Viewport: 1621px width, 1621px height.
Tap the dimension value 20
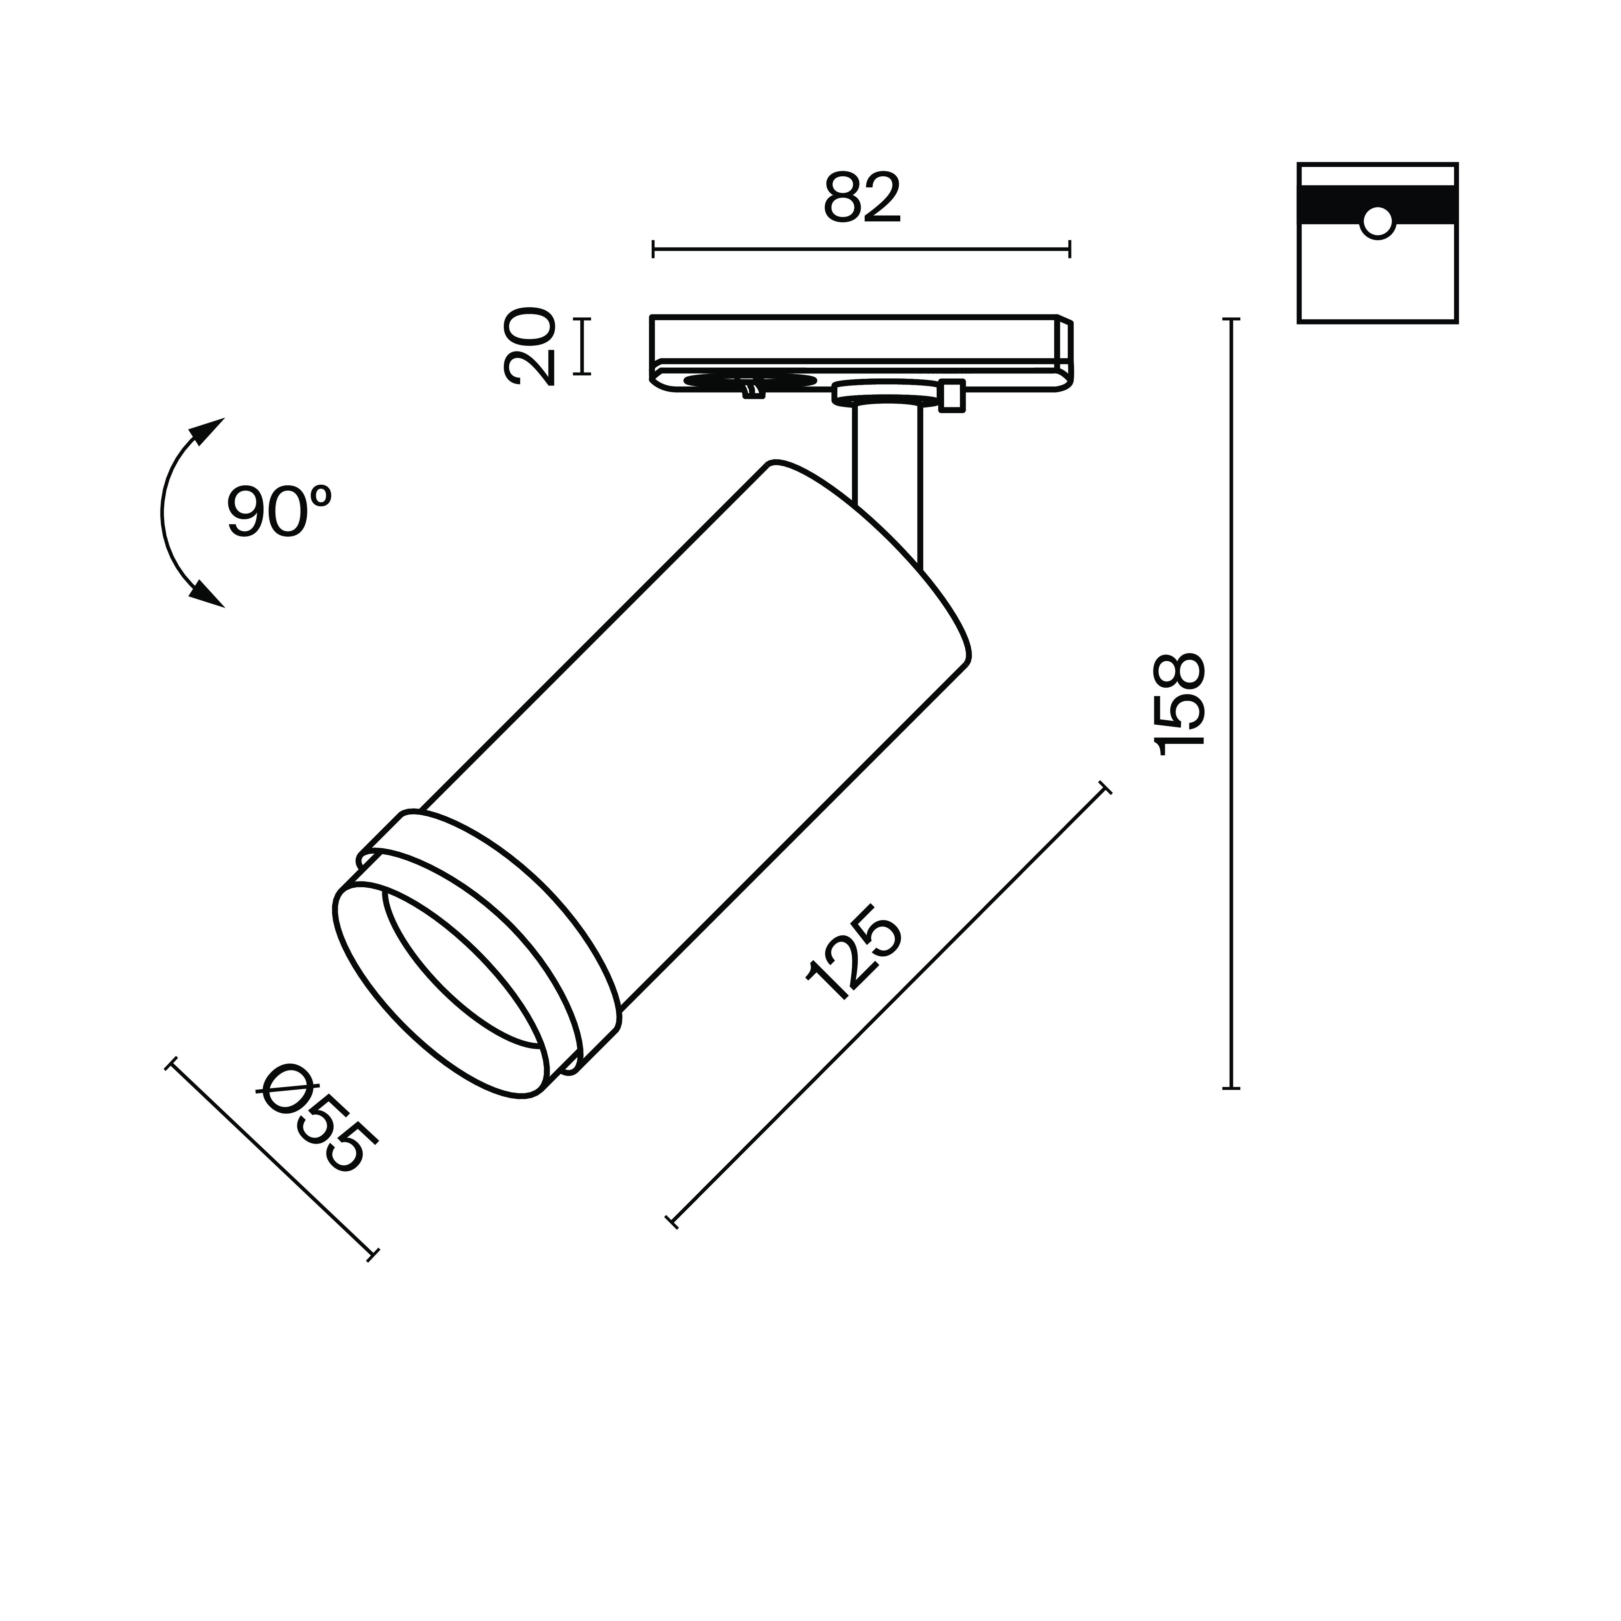click(529, 347)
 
